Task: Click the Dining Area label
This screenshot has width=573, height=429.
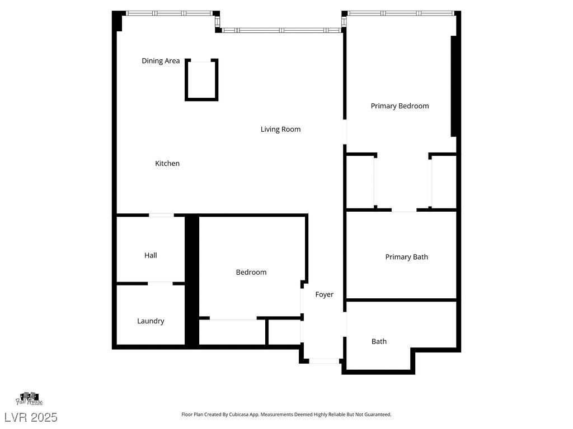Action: (161, 61)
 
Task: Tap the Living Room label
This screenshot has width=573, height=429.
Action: (280, 129)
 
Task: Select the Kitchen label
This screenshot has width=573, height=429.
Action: (167, 164)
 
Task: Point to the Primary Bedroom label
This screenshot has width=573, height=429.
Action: (400, 106)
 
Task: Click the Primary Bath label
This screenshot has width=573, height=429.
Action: (406, 257)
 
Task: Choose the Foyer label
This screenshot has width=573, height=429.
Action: (324, 294)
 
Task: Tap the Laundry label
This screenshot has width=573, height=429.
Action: (151, 321)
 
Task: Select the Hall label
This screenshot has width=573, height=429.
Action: (151, 255)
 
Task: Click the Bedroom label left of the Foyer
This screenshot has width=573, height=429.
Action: (251, 272)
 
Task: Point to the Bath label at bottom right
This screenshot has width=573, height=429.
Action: (379, 341)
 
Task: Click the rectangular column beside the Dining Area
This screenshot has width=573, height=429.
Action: (201, 80)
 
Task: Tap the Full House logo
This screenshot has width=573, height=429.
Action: (29, 399)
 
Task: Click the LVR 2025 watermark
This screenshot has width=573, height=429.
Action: (31, 417)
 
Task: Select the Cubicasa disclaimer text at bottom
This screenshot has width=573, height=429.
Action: (286, 414)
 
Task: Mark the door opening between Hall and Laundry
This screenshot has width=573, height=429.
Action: (160, 284)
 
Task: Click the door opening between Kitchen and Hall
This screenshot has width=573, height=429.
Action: (161, 215)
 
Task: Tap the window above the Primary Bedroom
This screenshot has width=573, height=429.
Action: (400, 13)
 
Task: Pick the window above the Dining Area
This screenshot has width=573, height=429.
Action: (170, 13)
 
